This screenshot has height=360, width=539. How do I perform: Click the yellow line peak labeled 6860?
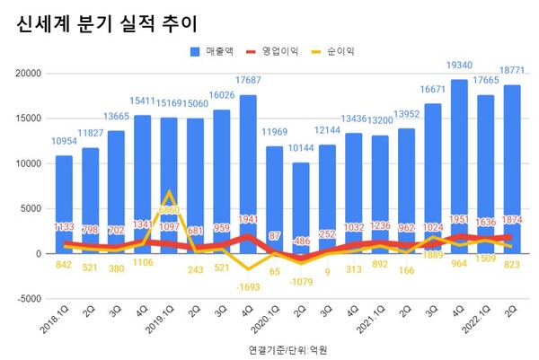pos(169,192)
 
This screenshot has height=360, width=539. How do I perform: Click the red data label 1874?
pos(512,221)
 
